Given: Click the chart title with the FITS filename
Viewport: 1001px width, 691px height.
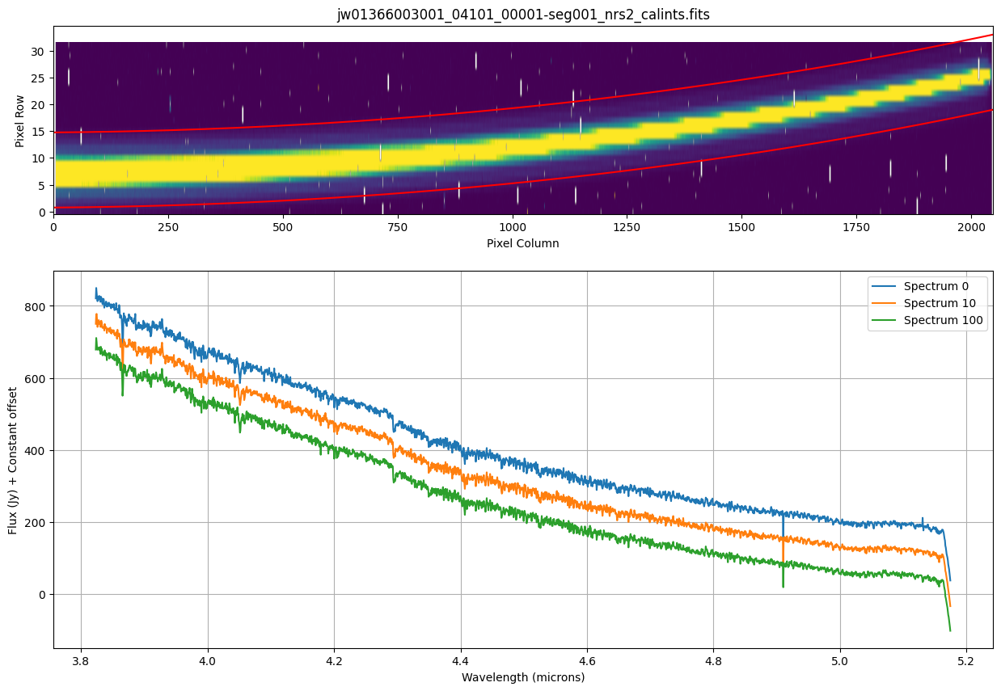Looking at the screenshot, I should tap(523, 15).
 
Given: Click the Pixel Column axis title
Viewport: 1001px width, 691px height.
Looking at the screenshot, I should tap(522, 242).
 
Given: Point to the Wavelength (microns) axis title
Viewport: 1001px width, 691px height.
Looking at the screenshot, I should tap(522, 676).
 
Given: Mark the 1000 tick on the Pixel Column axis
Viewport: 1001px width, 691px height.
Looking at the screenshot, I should tap(512, 227).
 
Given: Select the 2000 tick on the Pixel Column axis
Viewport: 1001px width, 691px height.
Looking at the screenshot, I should tap(969, 227).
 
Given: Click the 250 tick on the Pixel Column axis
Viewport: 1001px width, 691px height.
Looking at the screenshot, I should tap(168, 227).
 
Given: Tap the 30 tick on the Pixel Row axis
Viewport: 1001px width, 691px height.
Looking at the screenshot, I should tap(37, 51).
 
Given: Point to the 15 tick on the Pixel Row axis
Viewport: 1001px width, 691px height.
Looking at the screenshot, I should tap(37, 132).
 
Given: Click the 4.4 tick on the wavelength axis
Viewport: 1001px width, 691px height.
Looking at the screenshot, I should tap(461, 661).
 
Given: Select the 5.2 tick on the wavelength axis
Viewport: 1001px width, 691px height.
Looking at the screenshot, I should tap(967, 661).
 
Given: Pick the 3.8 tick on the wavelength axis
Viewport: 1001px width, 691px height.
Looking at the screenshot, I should tap(81, 661).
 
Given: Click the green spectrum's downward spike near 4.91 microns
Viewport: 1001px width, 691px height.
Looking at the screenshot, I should tap(783, 586).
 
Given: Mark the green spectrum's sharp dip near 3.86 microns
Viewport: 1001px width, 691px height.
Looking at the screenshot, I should tap(122, 394).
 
